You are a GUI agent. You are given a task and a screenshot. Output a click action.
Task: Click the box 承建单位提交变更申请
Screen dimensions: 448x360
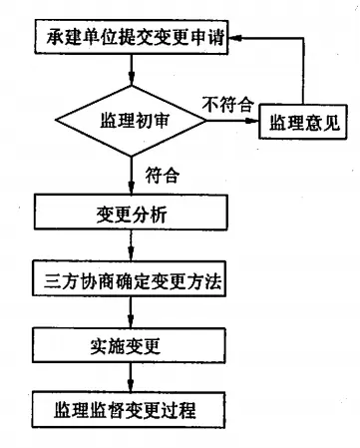[x=133, y=40]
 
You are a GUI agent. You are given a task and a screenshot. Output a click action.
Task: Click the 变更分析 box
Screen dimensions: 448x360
[x=133, y=213]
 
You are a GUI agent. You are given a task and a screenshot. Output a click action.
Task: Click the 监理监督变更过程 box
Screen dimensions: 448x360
[x=133, y=409]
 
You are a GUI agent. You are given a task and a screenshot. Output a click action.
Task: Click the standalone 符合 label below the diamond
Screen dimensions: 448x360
[x=163, y=176]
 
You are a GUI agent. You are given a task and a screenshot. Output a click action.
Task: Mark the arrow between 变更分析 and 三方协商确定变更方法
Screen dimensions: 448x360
[x=133, y=246]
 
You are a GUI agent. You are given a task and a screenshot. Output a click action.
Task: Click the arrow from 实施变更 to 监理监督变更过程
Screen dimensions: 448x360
[x=133, y=377]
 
